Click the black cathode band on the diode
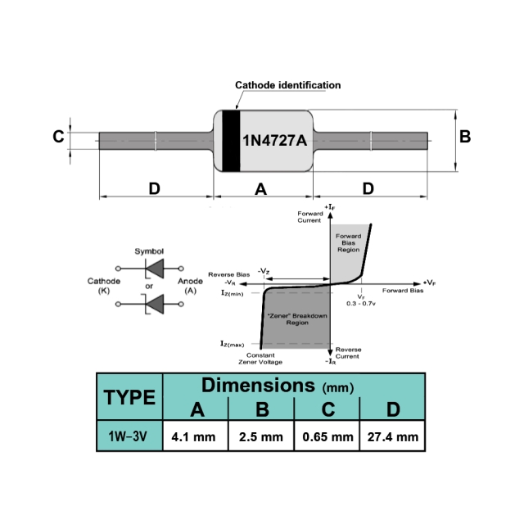pos(231,141)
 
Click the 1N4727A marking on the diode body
pos(275,140)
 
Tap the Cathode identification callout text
pos(287,85)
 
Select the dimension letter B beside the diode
pos(465,137)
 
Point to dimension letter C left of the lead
pos(58,137)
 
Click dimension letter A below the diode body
pos(260,189)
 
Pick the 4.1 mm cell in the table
pos(193,436)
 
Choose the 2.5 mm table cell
pos(261,436)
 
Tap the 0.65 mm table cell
pos(327,436)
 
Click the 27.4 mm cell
pos(393,436)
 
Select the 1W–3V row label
pos(128,436)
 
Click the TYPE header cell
pos(129,397)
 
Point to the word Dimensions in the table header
pos(258,386)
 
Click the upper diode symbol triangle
pos(156,269)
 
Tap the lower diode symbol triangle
pos(156,304)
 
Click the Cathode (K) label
pos(104,286)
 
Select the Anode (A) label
pos(190,286)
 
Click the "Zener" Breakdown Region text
pos(297,319)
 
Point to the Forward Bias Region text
pos(348,242)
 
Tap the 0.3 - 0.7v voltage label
pos(361,304)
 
